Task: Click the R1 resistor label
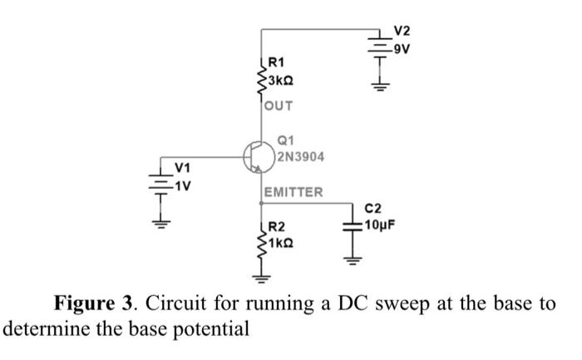[276, 62]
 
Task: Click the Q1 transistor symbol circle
[258, 155]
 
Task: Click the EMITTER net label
[293, 193]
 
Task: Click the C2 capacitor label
[371, 210]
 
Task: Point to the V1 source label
[181, 170]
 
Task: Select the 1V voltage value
[183, 185]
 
